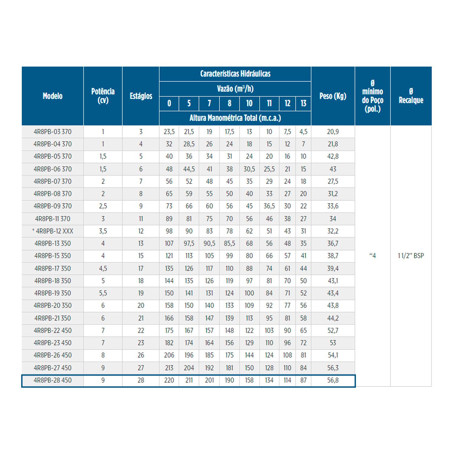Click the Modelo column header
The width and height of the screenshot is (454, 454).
[53, 96]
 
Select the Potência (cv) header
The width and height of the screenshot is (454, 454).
[103, 96]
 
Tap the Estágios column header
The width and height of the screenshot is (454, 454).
[141, 96]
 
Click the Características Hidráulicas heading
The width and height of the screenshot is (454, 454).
[235, 74]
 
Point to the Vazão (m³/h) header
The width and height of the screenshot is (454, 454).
[235, 89]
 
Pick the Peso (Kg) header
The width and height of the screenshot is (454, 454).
[333, 96]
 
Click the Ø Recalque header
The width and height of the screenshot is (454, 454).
[411, 96]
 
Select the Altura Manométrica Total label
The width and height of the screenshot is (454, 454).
[235, 118]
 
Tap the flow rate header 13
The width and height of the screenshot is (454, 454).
[303, 104]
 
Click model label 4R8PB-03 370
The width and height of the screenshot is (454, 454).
[53, 132]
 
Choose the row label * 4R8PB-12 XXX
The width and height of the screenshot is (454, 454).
[53, 231]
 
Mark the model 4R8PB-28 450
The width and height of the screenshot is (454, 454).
[53, 380]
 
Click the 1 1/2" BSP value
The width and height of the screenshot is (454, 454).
[411, 256]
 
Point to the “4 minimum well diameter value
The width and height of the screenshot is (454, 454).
[373, 256]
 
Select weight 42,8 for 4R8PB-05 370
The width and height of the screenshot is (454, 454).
[333, 156]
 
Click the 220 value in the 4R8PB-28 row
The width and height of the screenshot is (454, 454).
[169, 380]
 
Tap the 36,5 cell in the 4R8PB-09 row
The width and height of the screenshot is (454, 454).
[269, 206]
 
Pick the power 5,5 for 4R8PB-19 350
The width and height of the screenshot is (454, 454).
[103, 293]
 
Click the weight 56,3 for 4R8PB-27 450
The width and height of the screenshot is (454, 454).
[333, 368]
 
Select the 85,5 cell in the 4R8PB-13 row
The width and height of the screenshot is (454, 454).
[229, 243]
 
